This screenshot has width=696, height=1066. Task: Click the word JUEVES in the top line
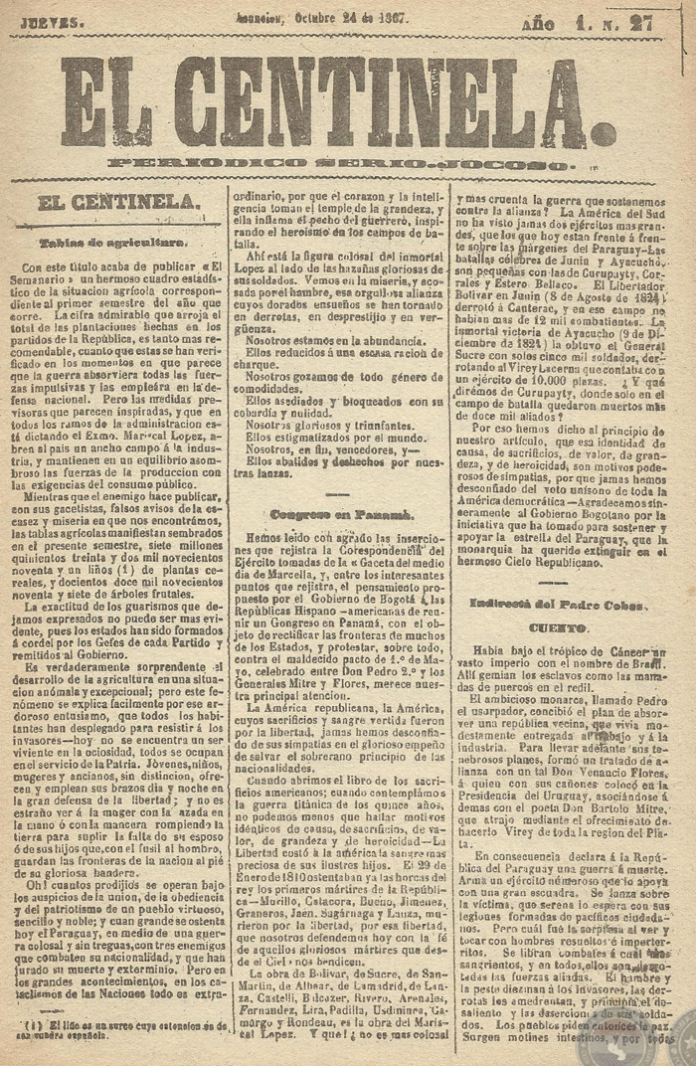click(x=46, y=21)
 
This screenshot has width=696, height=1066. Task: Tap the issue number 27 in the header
click(x=653, y=23)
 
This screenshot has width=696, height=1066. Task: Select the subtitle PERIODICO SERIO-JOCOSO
click(x=341, y=164)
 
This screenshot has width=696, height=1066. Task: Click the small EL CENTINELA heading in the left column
click(x=118, y=203)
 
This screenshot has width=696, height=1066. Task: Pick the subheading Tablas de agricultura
click(x=111, y=242)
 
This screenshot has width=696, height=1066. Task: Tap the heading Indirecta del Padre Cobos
click(x=558, y=605)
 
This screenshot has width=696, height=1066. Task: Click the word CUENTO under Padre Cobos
click(x=558, y=628)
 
